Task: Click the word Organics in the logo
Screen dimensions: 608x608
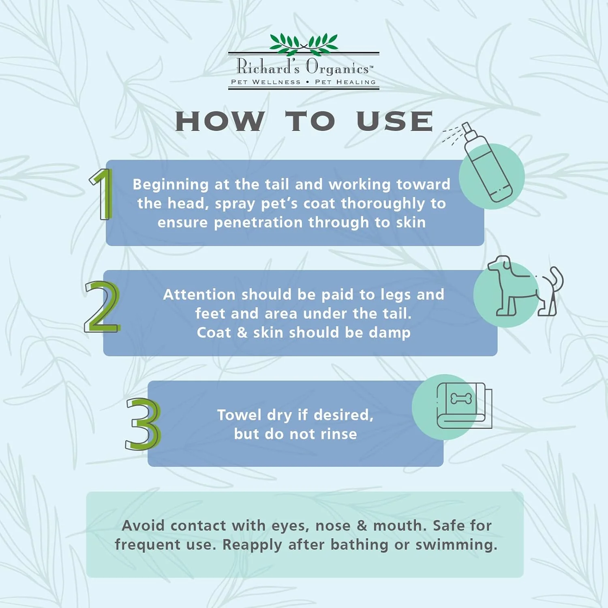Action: pos(337,67)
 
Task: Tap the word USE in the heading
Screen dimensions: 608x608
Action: pos(395,121)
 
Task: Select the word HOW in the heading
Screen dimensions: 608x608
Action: pos(220,121)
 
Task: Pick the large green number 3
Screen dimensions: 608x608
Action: pos(143,424)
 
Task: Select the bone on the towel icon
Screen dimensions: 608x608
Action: pos(461,398)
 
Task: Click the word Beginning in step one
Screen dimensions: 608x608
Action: pos(171,185)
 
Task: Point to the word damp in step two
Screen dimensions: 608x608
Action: pos(390,333)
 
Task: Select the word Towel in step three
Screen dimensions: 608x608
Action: pos(240,415)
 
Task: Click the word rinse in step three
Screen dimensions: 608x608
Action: pos(339,434)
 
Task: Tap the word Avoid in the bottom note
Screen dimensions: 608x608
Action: pos(143,525)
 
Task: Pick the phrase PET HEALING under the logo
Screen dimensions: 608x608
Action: pos(345,82)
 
